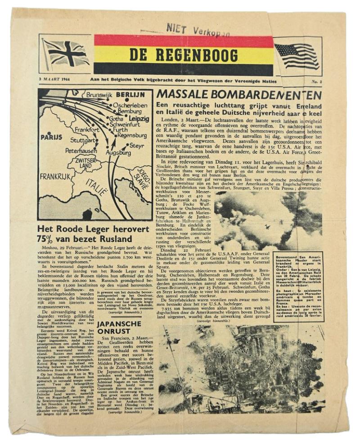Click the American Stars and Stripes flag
pos(297,55)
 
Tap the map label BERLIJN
pos(130,95)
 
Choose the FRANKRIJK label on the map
pos(55,177)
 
